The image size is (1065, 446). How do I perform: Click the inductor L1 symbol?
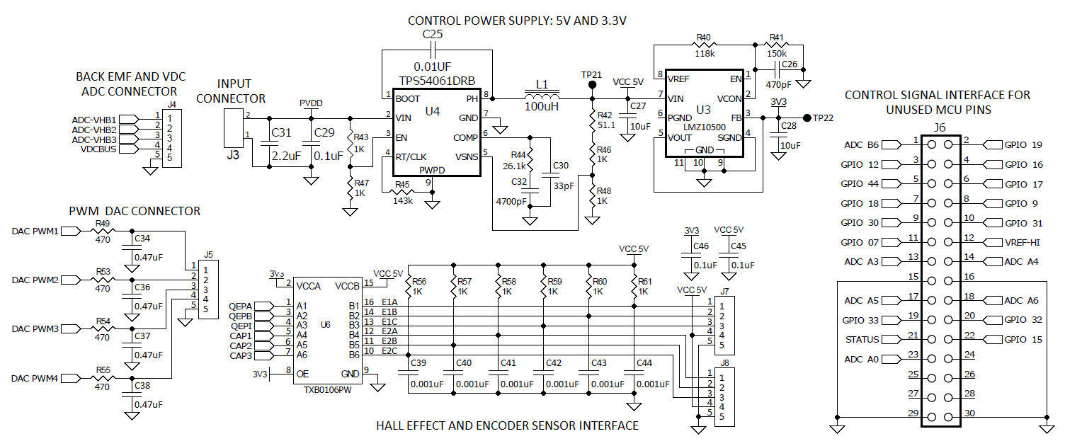pyautogui.click(x=542, y=96)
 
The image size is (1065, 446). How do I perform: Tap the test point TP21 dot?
pyautogui.click(x=592, y=85)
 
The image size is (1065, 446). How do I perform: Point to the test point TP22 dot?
pyautogui.click(x=807, y=117)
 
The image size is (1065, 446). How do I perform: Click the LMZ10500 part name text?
pyautogui.click(x=703, y=128)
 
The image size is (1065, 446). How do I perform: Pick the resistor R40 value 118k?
pyautogui.click(x=704, y=53)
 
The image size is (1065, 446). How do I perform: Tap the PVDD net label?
pyautogui.click(x=311, y=103)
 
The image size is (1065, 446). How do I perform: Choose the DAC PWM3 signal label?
pyautogui.click(x=45, y=328)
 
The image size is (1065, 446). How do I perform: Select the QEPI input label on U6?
pyautogui.click(x=241, y=326)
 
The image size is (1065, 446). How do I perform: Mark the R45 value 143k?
pyautogui.click(x=402, y=200)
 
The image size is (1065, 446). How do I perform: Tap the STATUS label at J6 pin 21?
pyautogui.click(x=862, y=339)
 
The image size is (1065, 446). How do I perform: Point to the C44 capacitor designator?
pyautogui.click(x=644, y=363)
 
